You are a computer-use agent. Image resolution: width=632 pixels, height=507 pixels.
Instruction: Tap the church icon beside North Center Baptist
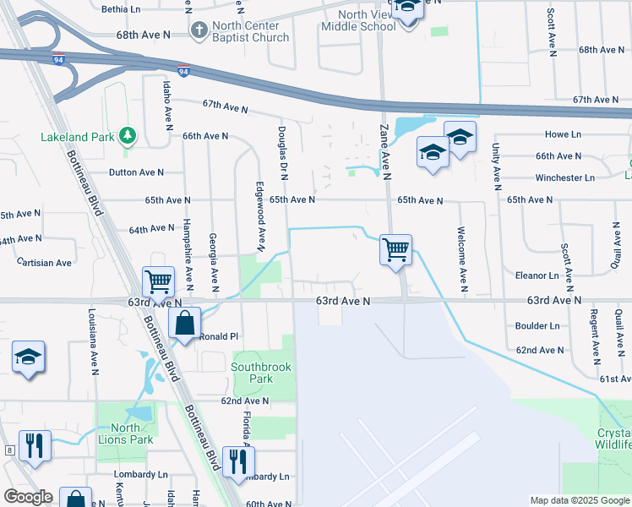(199, 31)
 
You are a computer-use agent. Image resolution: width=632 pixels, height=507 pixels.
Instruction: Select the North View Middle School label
(358, 20)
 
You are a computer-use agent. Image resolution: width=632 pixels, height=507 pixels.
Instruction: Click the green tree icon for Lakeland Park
(127, 135)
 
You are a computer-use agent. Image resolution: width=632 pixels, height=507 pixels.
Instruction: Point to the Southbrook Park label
(264, 373)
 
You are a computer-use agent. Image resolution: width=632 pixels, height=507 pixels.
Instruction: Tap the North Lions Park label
(125, 433)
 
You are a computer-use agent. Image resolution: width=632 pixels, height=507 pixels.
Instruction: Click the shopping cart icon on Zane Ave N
(395, 250)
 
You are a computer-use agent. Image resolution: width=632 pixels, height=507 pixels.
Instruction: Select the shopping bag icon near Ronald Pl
(184, 324)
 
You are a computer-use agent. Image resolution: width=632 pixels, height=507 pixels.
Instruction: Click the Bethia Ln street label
(122, 9)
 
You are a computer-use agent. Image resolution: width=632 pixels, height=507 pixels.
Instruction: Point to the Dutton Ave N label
(136, 172)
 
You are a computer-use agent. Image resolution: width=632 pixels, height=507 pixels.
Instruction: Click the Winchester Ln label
(565, 177)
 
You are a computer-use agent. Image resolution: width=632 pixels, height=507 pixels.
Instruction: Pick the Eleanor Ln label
(537, 275)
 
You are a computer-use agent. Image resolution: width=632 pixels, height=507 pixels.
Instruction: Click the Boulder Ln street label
(537, 325)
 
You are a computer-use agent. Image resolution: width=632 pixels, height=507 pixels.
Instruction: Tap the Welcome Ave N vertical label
(461, 254)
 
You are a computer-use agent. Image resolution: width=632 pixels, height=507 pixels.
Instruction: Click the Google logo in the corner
(29, 497)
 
